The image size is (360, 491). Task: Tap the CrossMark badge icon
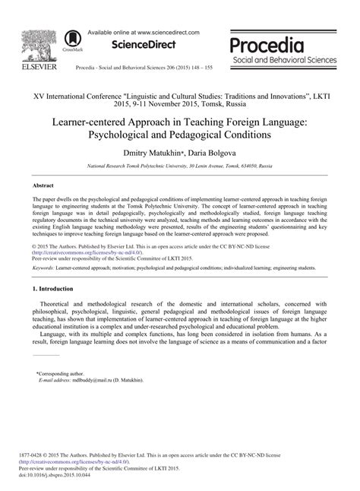74,38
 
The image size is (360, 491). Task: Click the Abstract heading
43,185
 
